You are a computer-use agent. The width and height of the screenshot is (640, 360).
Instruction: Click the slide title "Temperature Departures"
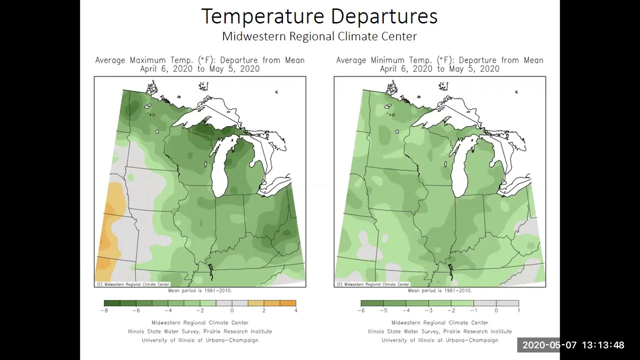click(x=319, y=16)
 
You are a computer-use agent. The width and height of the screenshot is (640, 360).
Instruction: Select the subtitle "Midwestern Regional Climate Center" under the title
click(x=319, y=36)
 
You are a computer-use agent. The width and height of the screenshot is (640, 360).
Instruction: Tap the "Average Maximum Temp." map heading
click(x=200, y=60)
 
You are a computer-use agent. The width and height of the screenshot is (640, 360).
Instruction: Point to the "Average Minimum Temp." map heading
click(x=439, y=60)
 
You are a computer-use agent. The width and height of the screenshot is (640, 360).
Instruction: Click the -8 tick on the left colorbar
click(x=104, y=310)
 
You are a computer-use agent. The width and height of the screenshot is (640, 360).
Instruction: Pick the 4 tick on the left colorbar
click(x=296, y=310)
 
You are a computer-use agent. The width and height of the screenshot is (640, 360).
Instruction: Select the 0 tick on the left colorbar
click(x=232, y=310)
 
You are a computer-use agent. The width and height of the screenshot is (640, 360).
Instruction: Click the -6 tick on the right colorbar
click(x=361, y=310)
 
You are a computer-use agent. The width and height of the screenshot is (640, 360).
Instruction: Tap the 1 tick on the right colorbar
click(x=518, y=310)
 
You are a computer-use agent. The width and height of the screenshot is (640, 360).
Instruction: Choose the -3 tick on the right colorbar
click(x=428, y=310)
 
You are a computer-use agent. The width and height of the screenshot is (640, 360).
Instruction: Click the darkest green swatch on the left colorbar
click(x=112, y=303)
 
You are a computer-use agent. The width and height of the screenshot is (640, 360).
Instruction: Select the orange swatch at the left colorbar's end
click(x=288, y=303)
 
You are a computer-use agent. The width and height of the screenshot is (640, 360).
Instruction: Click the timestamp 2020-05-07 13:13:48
click(x=573, y=345)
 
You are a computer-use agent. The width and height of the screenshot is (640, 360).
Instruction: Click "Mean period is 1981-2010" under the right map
click(x=439, y=290)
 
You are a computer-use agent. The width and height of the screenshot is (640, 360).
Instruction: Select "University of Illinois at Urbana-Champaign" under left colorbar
click(x=200, y=340)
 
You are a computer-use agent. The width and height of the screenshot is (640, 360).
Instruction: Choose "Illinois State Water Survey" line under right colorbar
click(x=439, y=331)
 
